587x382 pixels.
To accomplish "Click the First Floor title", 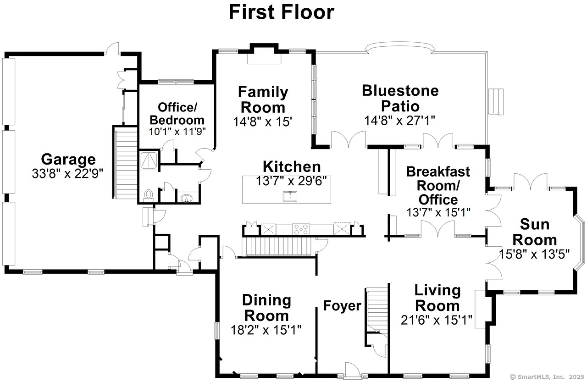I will click(x=281, y=12).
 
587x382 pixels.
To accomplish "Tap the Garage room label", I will click(x=68, y=160).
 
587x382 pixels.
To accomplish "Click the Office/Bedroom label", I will click(x=177, y=114).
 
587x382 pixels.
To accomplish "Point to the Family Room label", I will click(x=263, y=100).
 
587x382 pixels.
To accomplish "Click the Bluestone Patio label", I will click(x=400, y=98).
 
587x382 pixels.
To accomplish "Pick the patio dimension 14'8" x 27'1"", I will click(x=400, y=120).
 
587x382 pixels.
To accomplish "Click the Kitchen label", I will click(x=292, y=166).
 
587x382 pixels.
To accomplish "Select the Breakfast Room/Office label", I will click(x=438, y=185).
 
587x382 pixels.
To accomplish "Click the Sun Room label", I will click(x=534, y=232).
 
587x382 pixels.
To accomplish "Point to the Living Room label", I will click(x=437, y=298).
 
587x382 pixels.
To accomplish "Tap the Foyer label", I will click(x=342, y=305).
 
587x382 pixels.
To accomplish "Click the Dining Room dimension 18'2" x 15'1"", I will click(x=266, y=330).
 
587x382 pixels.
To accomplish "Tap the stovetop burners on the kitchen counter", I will click(x=301, y=229).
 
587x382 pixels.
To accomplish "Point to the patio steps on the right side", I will click(x=496, y=101).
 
